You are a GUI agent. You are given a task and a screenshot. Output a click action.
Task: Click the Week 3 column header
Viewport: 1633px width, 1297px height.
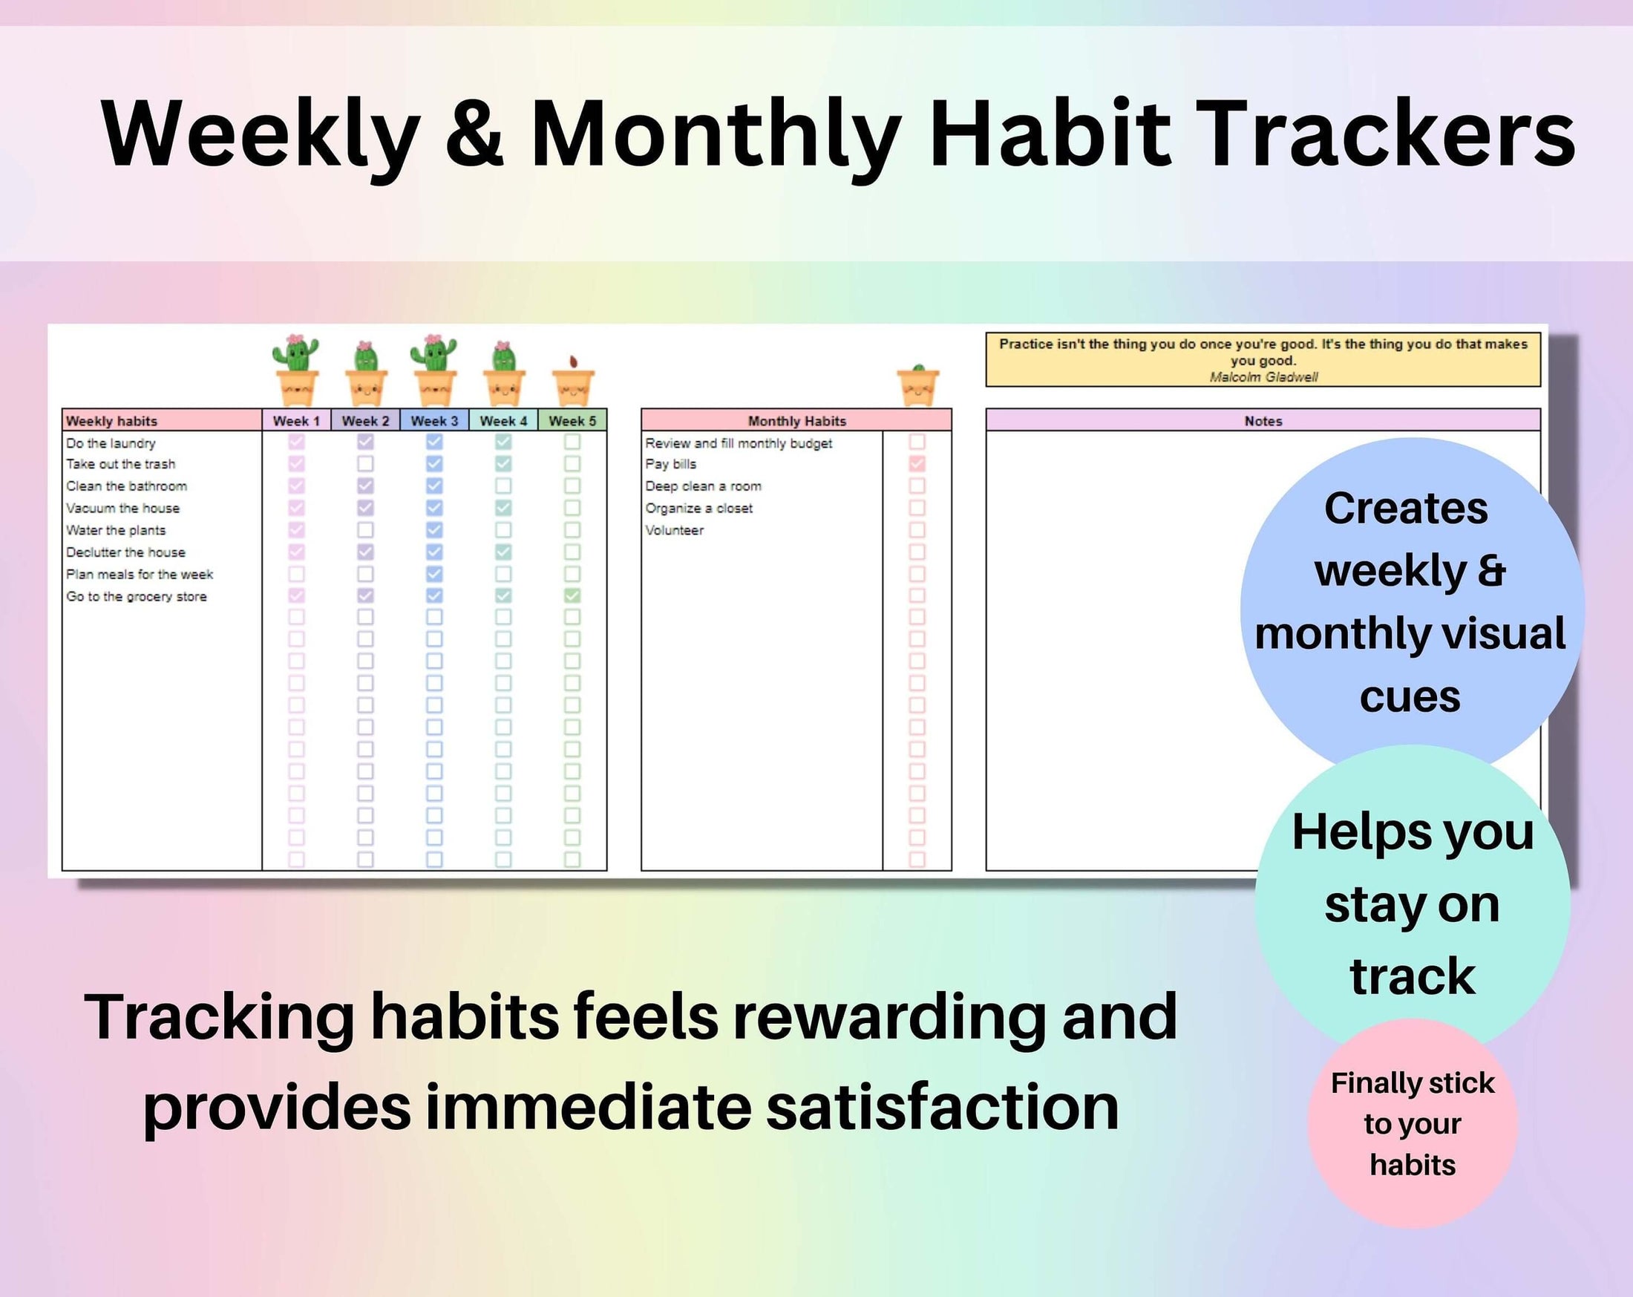pos(434,420)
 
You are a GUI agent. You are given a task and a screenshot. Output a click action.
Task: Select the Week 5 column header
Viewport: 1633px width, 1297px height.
pos(572,420)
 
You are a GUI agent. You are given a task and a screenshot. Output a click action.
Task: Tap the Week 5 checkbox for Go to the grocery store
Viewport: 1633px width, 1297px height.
pos(572,595)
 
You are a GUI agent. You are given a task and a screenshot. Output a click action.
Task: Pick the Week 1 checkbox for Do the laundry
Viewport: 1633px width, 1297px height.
pos(296,442)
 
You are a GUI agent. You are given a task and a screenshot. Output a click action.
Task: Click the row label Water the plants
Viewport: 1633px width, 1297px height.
pos(116,530)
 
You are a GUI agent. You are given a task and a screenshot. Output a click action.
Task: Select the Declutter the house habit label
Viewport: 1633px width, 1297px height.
pos(125,552)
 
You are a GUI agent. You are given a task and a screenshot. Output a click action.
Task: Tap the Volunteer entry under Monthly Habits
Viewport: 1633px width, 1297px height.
pos(674,530)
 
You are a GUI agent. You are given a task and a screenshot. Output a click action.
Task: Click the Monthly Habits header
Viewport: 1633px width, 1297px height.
pos(796,420)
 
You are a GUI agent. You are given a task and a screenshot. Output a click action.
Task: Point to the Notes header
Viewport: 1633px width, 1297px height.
pos(1263,420)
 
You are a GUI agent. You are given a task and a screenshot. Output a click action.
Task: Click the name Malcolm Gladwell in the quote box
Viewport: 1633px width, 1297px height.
pos(1263,377)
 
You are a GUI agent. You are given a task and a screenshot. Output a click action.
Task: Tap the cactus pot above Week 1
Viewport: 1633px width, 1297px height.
pos(296,371)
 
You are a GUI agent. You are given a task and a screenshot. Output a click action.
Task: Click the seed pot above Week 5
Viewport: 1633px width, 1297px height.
pos(572,382)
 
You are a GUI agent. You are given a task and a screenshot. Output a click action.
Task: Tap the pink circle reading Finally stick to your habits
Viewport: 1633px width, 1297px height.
pos(1412,1123)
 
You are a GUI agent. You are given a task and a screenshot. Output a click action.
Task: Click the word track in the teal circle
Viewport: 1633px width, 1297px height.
pos(1412,976)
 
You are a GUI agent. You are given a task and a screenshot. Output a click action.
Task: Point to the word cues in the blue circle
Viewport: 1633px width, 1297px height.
pos(1409,697)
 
